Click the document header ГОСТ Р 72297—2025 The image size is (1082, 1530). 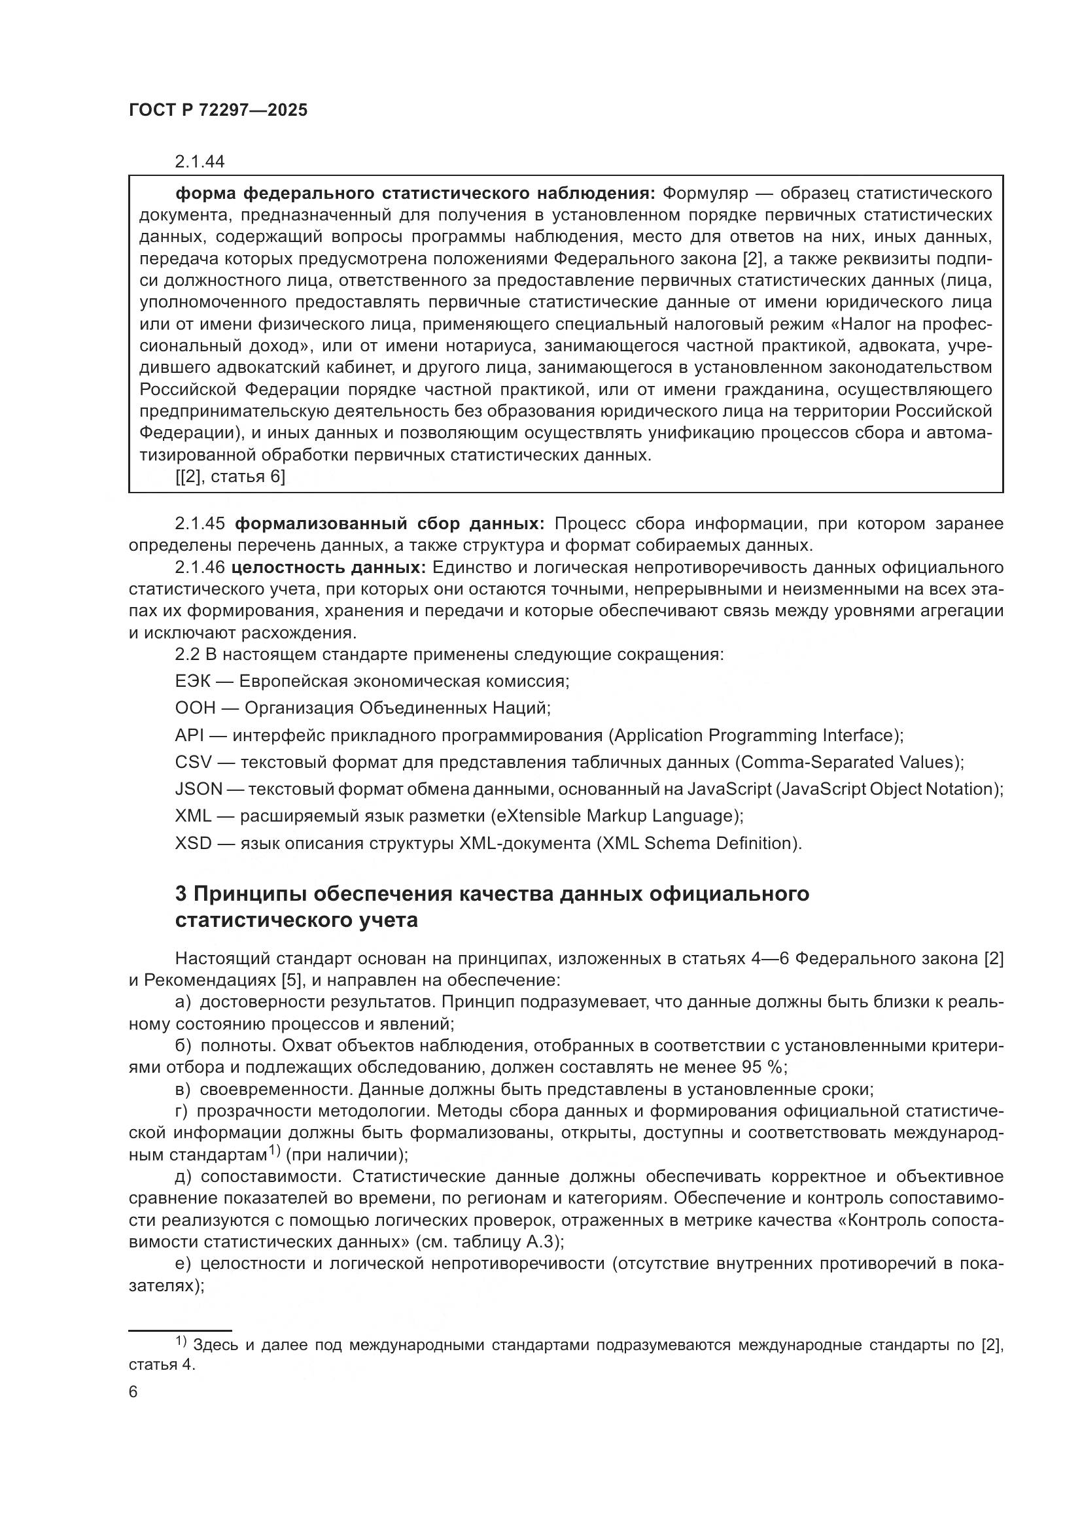[x=218, y=111]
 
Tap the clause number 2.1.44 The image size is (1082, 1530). [x=200, y=162]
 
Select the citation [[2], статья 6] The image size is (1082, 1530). [x=230, y=477]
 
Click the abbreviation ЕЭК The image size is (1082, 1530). [x=192, y=682]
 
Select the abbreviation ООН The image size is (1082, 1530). [x=194, y=708]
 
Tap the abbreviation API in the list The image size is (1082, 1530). [x=188, y=736]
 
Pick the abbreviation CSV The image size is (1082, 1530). [x=192, y=762]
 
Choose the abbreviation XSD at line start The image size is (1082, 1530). [x=192, y=844]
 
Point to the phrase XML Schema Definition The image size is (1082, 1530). [x=698, y=844]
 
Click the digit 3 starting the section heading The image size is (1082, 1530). [x=181, y=894]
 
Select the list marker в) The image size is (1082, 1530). [x=183, y=1090]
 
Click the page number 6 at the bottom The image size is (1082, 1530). [x=133, y=1392]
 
